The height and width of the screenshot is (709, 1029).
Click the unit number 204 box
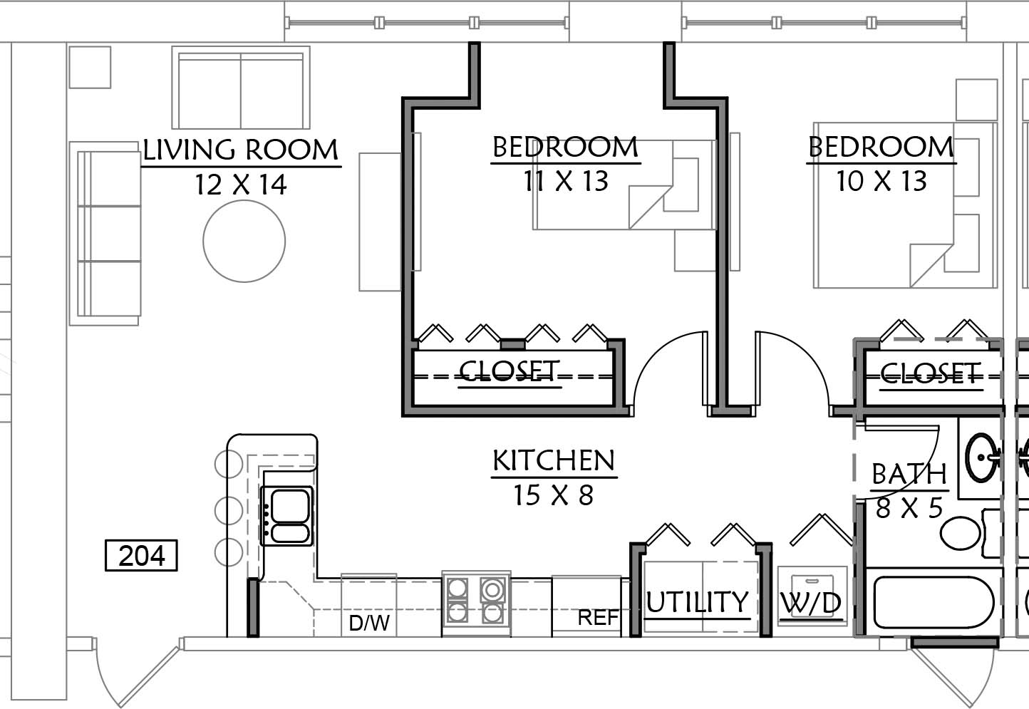pyautogui.click(x=141, y=556)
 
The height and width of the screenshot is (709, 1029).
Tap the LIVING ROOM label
pyautogui.click(x=241, y=150)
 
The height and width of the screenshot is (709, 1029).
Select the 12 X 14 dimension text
pyautogui.click(x=241, y=185)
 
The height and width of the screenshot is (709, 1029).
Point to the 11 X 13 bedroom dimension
pyautogui.click(x=566, y=180)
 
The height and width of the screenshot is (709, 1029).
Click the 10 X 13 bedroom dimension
pyautogui.click(x=881, y=180)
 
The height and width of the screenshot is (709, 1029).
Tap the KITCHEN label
pyautogui.click(x=554, y=460)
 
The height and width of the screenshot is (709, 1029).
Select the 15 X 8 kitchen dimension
pyautogui.click(x=553, y=495)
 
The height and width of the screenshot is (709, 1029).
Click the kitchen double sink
pyautogui.click(x=286, y=516)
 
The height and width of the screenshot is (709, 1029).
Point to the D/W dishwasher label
pyautogui.click(x=369, y=623)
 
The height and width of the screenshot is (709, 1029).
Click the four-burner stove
pyautogui.click(x=476, y=601)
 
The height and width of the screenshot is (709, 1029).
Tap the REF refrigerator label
pyautogui.click(x=598, y=618)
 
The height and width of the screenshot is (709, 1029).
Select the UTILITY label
pyautogui.click(x=698, y=601)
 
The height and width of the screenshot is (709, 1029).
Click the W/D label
pyautogui.click(x=811, y=603)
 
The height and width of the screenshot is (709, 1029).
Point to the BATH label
pyautogui.click(x=909, y=474)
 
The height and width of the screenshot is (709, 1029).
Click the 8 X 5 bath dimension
pyautogui.click(x=909, y=508)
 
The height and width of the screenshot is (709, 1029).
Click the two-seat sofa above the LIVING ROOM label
pyautogui.click(x=241, y=88)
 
